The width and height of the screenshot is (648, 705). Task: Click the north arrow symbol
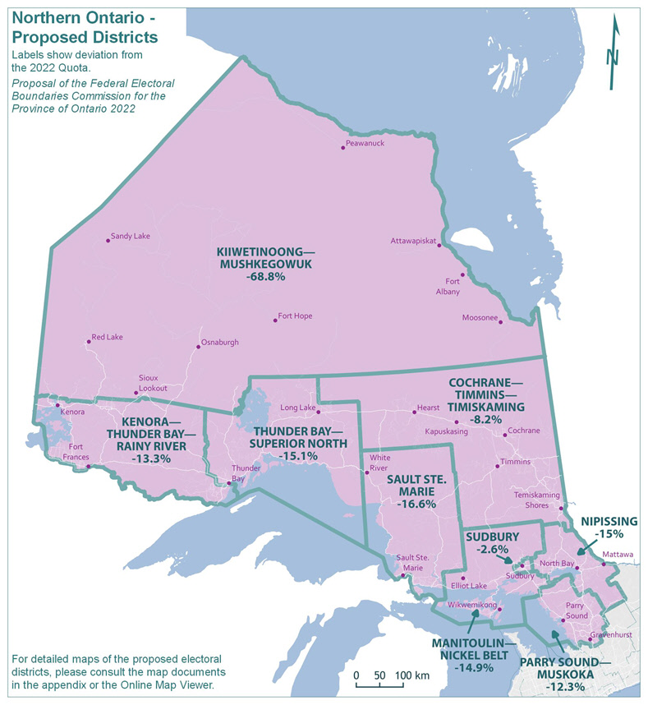click(614, 56)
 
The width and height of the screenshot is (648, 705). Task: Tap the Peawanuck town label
click(365, 143)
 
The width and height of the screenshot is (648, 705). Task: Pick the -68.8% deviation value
click(264, 277)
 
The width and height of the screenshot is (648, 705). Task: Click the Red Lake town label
click(108, 338)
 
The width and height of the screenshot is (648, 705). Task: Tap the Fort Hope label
click(295, 316)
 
